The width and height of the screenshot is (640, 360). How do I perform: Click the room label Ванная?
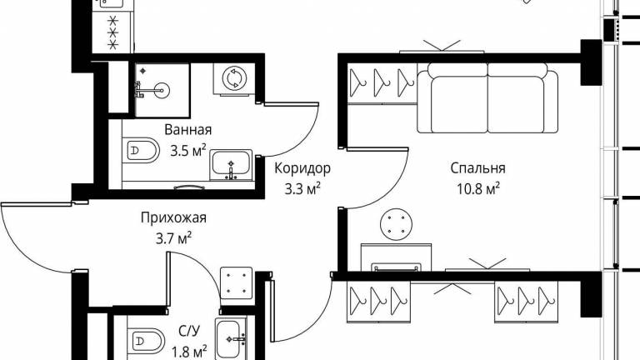coord(188,130)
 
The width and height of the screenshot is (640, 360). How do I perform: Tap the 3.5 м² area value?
coord(188,151)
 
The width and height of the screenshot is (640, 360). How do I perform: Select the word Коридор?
coord(302,167)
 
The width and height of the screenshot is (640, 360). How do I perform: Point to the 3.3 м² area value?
coord(302,188)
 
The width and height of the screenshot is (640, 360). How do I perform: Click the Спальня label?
coord(478,167)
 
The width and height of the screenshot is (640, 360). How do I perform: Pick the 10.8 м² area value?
coord(478,188)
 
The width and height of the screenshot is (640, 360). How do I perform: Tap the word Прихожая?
coord(173,217)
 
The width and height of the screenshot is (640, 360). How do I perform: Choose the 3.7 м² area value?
coord(174,238)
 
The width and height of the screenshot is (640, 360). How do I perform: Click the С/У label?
coord(189,331)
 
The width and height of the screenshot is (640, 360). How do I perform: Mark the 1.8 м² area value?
coord(189,351)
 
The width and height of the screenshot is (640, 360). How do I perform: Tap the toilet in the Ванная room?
coord(140,151)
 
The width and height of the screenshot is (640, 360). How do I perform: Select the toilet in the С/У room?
coord(146,340)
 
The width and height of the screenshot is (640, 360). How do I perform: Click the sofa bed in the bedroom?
coord(487,98)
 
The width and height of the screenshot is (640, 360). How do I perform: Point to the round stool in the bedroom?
coord(396,224)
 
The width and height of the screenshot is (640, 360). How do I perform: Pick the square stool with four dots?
coord(237,282)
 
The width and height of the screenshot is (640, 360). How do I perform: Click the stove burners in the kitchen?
coord(113,32)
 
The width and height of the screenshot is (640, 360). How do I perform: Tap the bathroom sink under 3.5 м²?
coord(231,165)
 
